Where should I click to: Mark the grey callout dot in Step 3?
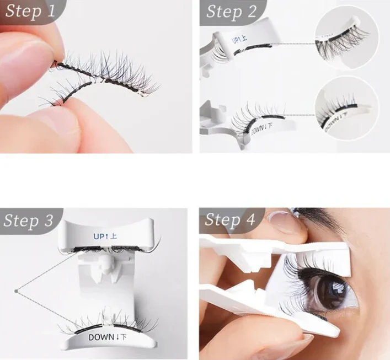(x=18, y=288)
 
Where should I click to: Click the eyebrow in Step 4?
(x=325, y=216)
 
